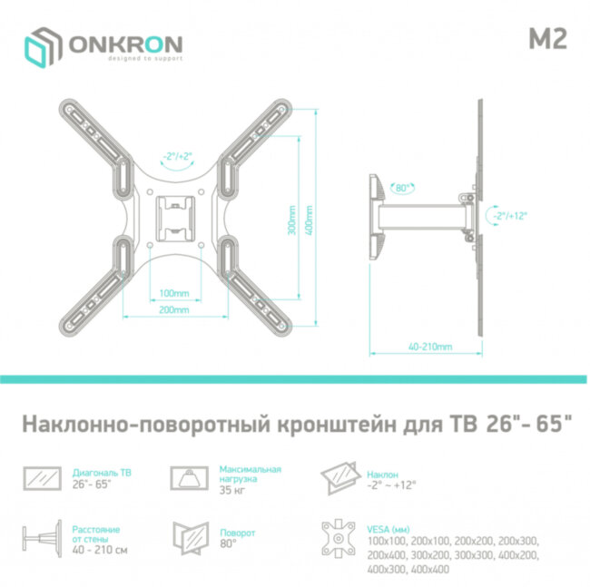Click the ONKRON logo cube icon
click(x=42, y=46)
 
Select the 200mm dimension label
click(x=173, y=309)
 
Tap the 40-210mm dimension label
click(x=429, y=347)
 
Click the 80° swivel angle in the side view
click(x=400, y=189)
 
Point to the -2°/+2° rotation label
click(x=177, y=157)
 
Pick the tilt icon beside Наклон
click(x=340, y=477)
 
